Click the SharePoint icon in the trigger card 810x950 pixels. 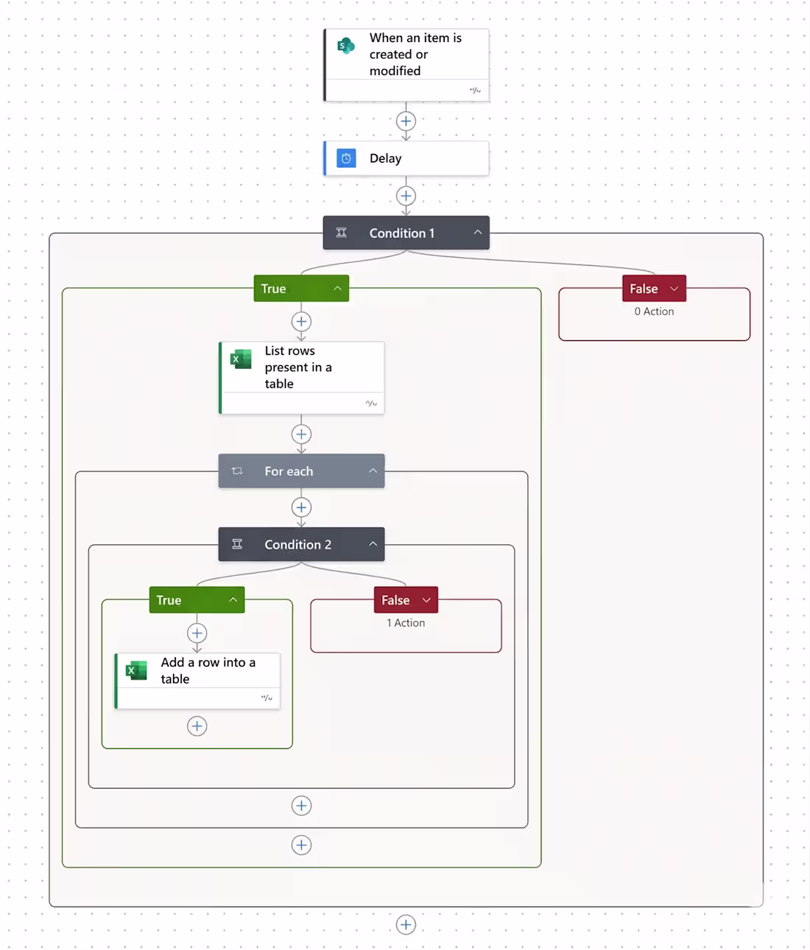tap(345, 46)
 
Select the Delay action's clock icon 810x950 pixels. tap(346, 158)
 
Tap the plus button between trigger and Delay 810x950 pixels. tap(406, 121)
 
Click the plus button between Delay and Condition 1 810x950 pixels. tap(406, 196)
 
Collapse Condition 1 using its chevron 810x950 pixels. tap(477, 233)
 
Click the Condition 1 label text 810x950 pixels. tap(401, 233)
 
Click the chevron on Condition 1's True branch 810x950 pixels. tap(337, 289)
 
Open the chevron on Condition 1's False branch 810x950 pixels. tap(674, 289)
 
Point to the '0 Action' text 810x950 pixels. tap(654, 312)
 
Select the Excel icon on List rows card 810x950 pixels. tap(241, 359)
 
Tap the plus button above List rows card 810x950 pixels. tap(301, 322)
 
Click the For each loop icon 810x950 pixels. tap(237, 471)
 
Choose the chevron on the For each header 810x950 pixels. tap(373, 471)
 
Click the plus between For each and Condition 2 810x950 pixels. tap(301, 507)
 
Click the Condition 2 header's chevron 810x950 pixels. tap(373, 544)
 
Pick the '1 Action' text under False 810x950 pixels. tap(406, 623)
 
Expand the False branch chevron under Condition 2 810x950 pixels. tap(426, 600)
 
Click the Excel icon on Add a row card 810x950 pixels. tap(136, 670)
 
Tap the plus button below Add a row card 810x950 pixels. tap(197, 726)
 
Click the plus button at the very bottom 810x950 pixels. tap(406, 925)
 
